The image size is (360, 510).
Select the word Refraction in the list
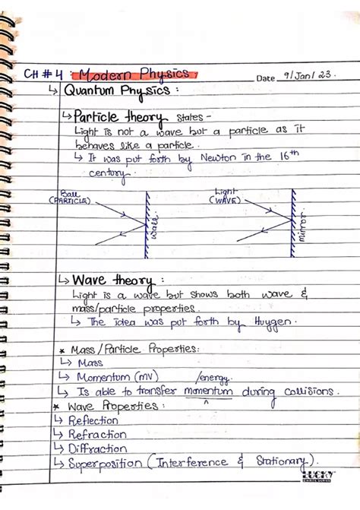click(97, 434)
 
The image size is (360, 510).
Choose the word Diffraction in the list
click(99, 448)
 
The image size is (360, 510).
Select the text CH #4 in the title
click(43, 74)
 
